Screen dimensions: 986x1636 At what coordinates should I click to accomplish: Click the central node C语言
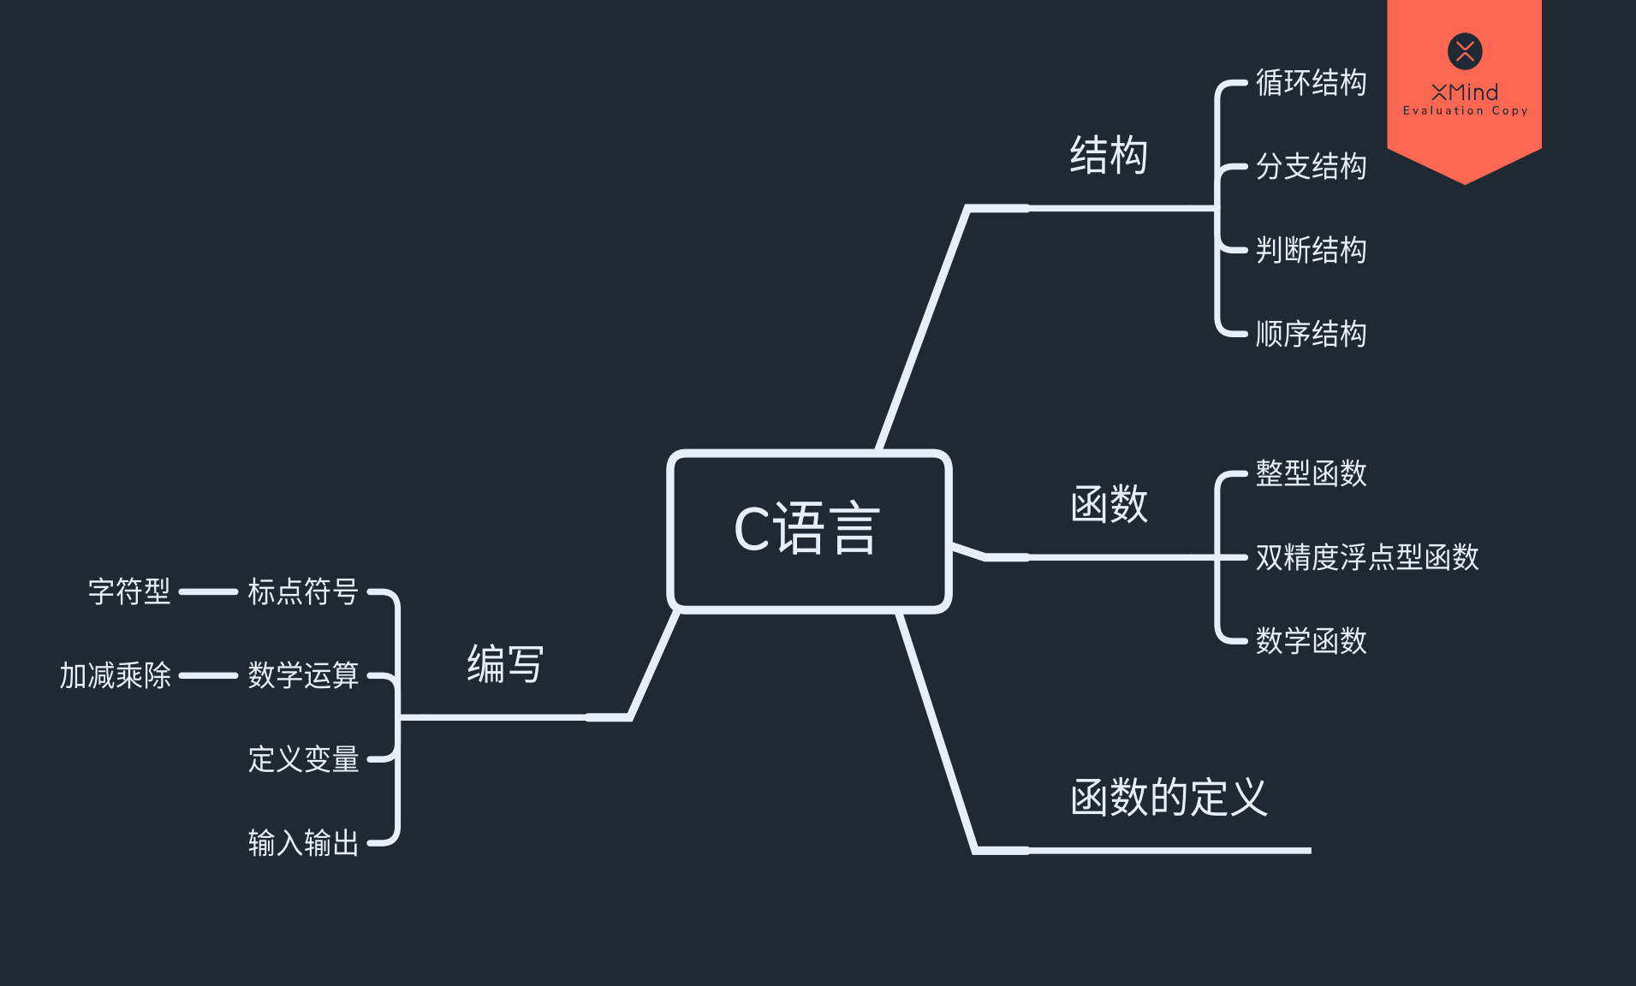[808, 530]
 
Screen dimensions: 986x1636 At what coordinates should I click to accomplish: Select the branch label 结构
[1108, 156]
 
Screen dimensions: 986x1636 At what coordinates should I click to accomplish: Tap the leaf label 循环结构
[1310, 83]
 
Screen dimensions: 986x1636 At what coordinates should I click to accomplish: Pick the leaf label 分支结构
[1310, 167]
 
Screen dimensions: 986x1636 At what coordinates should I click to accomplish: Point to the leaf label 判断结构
[1310, 251]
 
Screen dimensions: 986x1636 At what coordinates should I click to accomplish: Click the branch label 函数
[1108, 504]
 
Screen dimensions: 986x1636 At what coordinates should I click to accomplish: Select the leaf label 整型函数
[1310, 473]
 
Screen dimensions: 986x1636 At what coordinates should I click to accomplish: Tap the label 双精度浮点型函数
[1366, 557]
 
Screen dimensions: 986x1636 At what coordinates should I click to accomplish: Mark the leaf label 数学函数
[1310, 641]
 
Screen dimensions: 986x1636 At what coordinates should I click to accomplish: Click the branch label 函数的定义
[1168, 798]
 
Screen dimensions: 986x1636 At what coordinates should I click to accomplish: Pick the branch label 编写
[505, 664]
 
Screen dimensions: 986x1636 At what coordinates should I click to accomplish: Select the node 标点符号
[303, 591]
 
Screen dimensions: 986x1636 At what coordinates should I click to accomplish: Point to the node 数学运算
[303, 675]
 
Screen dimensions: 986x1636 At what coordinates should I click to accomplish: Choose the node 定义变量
[303, 759]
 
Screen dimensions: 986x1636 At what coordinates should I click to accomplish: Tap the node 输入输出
[303, 843]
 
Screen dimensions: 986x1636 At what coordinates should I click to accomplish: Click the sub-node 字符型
[129, 591]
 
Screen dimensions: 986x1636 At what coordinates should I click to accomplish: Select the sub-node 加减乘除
[115, 675]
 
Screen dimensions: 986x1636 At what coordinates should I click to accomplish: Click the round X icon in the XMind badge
[1465, 51]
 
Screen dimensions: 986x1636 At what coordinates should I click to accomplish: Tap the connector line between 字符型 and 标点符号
[208, 591]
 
